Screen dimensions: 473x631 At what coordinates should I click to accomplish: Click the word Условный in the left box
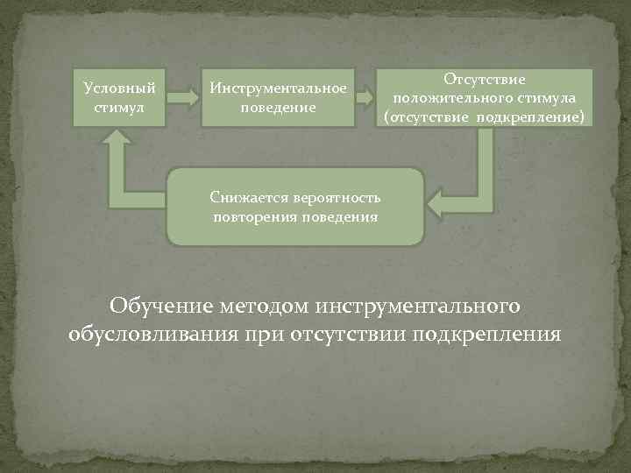pyautogui.click(x=119, y=88)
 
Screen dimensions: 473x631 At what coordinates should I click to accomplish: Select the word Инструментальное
pyautogui.click(x=277, y=88)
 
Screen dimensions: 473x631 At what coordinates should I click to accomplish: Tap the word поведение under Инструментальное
pyautogui.click(x=277, y=107)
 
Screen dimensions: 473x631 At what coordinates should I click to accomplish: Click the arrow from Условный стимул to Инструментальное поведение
pyautogui.click(x=181, y=96)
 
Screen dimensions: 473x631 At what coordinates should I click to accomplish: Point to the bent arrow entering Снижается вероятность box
pyautogui.click(x=464, y=184)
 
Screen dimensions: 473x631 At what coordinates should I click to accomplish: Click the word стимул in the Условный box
pyautogui.click(x=119, y=107)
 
